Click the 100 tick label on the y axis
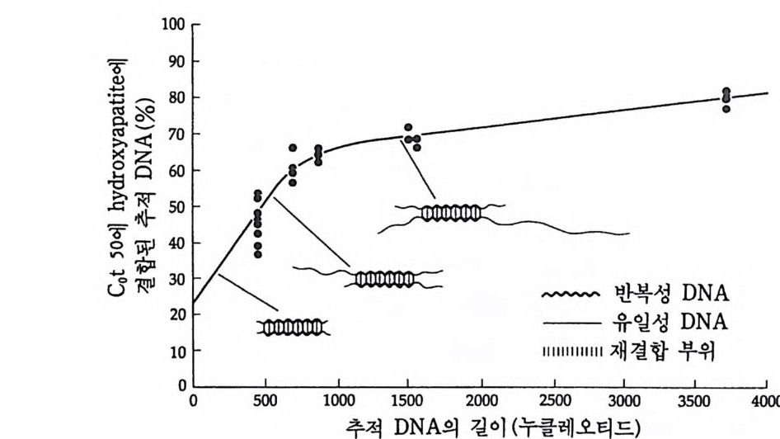click(174, 25)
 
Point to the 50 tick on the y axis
click(192, 206)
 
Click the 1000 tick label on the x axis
click(336, 402)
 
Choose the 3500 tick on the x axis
click(695, 386)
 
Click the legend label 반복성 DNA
click(670, 293)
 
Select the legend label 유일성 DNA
click(670, 322)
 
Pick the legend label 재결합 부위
click(670, 352)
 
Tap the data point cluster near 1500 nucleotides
click(411, 138)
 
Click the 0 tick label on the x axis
click(192, 402)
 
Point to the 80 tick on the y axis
click(192, 98)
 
